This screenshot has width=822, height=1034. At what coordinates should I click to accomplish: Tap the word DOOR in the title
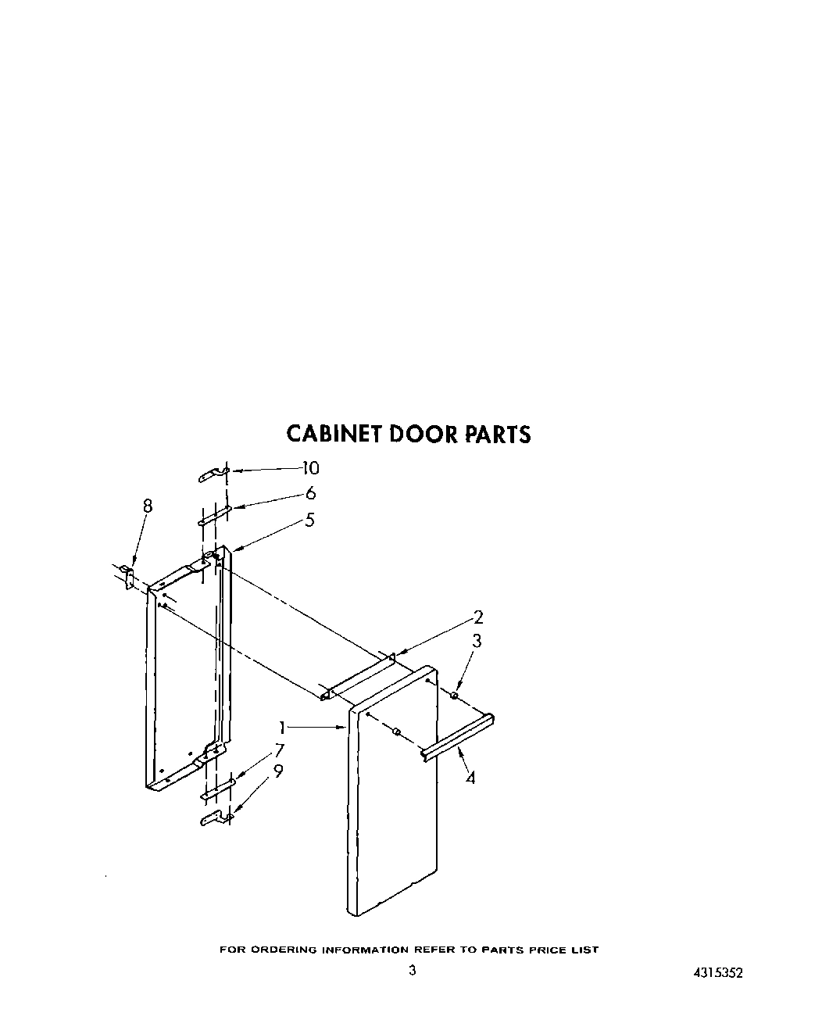(x=421, y=434)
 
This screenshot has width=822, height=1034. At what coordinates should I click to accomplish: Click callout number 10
(x=310, y=468)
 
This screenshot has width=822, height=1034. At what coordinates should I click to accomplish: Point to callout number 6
(x=311, y=493)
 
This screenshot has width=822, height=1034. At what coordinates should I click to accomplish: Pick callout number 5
(x=310, y=520)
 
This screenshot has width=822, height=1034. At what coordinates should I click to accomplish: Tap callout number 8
(x=147, y=506)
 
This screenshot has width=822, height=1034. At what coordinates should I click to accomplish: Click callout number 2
(x=479, y=617)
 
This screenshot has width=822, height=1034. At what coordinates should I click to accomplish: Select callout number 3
(x=477, y=642)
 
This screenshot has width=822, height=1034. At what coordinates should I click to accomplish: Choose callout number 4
(x=470, y=778)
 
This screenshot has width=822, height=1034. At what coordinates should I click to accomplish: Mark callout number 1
(x=281, y=727)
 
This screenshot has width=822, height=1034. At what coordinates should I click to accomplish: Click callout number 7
(x=278, y=751)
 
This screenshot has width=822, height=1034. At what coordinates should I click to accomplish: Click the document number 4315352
(x=717, y=973)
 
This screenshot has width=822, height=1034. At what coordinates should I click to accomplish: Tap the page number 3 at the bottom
(x=412, y=971)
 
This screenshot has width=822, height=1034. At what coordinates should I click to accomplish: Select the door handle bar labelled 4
(x=458, y=735)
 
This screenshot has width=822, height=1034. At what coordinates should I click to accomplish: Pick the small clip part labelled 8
(x=130, y=577)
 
